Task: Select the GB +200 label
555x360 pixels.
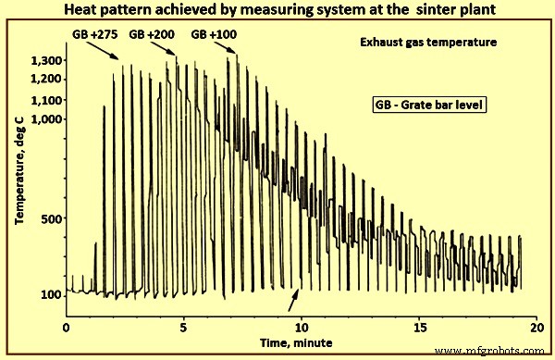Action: click(x=151, y=34)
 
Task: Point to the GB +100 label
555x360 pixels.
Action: click(x=212, y=34)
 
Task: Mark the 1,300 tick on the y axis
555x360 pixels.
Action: click(x=46, y=61)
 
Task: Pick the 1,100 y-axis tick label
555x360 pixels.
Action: click(x=46, y=100)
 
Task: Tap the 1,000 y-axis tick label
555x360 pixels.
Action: click(x=46, y=119)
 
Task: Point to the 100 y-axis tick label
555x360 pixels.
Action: click(x=52, y=294)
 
